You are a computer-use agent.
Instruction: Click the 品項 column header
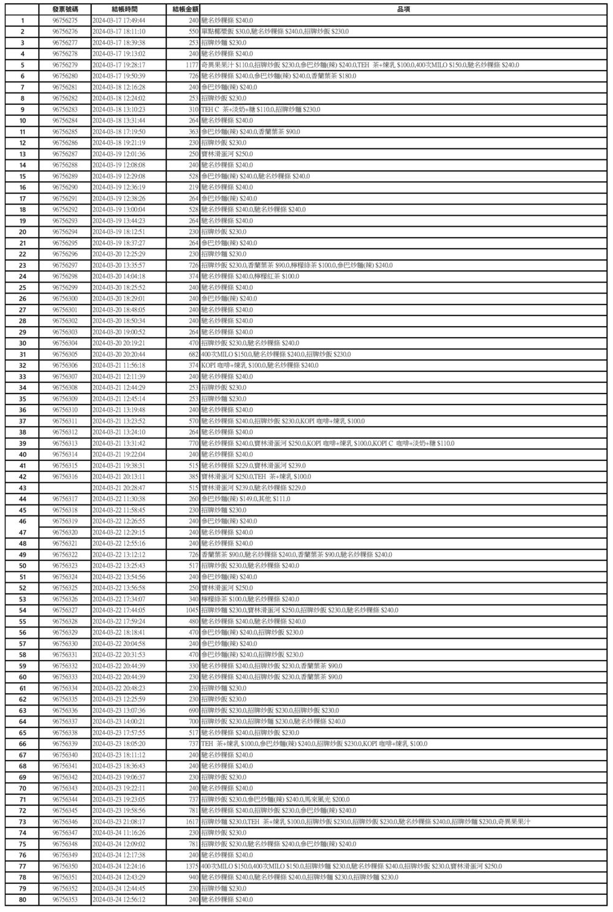coord(403,9)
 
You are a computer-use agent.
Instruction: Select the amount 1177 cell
coord(191,65)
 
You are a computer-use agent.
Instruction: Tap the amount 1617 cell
coord(191,821)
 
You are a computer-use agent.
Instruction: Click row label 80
coord(23,899)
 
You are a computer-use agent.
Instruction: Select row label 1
coord(23,20)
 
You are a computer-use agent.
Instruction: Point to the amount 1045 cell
coord(191,610)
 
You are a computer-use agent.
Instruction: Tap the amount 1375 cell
coord(191,866)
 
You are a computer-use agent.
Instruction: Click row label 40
coord(23,454)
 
